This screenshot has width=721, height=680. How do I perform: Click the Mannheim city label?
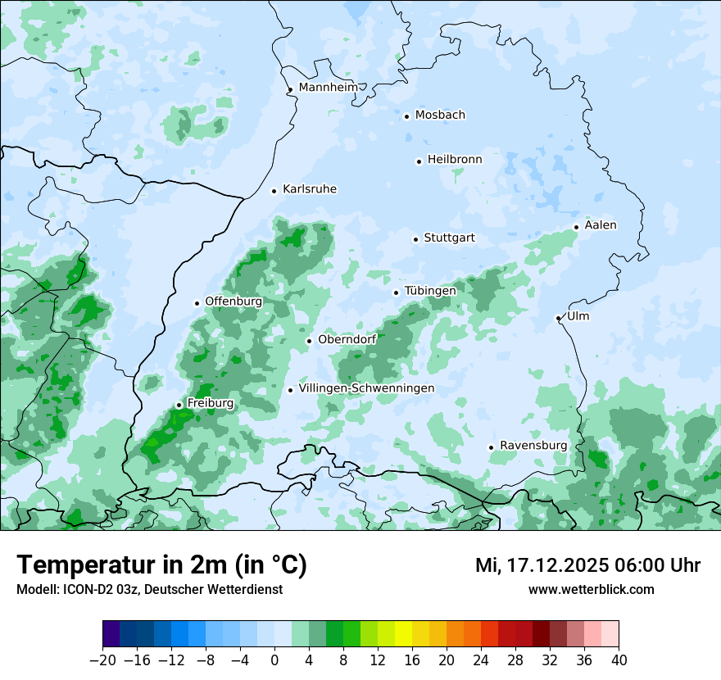tap(328, 88)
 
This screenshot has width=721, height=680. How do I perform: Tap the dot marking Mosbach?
tap(406, 116)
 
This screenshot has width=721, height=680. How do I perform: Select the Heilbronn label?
tap(455, 160)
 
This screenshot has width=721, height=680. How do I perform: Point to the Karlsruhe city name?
tap(310, 189)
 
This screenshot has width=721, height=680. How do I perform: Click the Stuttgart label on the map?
tap(449, 238)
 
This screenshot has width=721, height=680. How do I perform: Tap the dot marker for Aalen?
tap(576, 227)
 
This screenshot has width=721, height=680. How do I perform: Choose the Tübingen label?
tap(430, 291)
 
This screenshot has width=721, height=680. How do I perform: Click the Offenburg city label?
tap(234, 301)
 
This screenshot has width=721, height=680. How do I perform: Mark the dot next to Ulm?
tap(558, 318)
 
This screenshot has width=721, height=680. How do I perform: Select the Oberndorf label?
tap(347, 339)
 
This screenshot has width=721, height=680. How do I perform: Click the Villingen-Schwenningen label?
tap(366, 388)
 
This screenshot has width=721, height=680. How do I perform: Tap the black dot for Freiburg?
tap(179, 405)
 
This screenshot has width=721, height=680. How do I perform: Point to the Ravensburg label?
tap(533, 446)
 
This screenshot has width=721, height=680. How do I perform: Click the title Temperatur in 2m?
tap(161, 564)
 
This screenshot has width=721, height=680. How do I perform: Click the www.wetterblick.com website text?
tap(591, 589)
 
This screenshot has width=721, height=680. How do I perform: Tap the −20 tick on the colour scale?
tap(103, 660)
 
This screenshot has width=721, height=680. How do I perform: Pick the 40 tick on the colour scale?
tap(619, 660)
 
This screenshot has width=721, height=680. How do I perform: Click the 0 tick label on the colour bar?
tap(274, 660)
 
